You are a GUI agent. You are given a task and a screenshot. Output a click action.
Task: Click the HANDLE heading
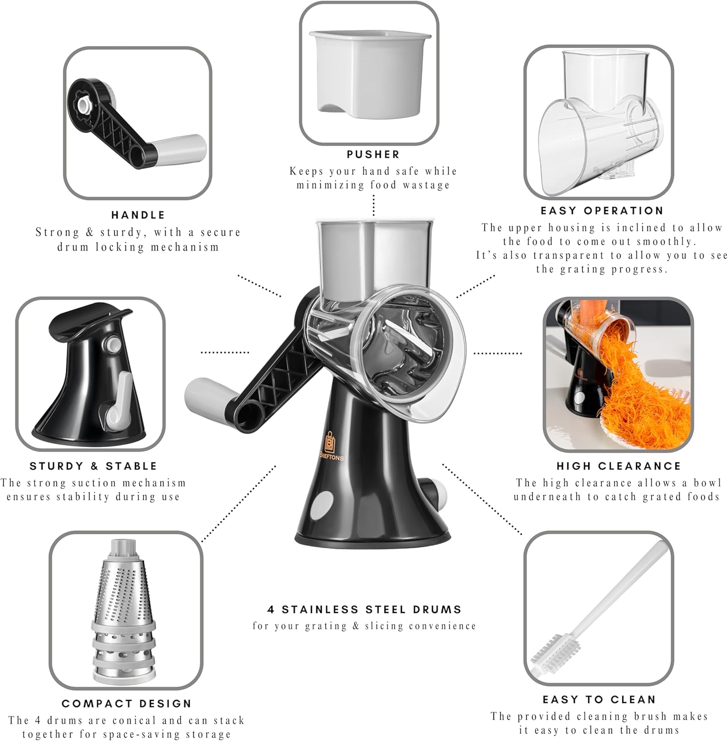point(138,215)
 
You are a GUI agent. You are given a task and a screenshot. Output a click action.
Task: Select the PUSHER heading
point(373,154)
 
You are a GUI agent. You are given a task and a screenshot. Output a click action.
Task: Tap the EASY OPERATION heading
point(602,210)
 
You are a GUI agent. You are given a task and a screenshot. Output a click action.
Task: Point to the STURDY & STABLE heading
point(93,466)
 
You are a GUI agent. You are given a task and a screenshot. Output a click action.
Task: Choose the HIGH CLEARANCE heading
point(619,466)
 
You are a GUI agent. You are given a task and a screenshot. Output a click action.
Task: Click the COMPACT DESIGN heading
point(127,703)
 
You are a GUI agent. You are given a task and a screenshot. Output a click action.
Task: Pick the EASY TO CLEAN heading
point(600,700)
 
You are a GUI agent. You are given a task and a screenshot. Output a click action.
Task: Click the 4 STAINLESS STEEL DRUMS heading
point(365,610)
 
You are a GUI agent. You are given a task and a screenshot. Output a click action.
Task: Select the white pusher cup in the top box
point(370,71)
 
